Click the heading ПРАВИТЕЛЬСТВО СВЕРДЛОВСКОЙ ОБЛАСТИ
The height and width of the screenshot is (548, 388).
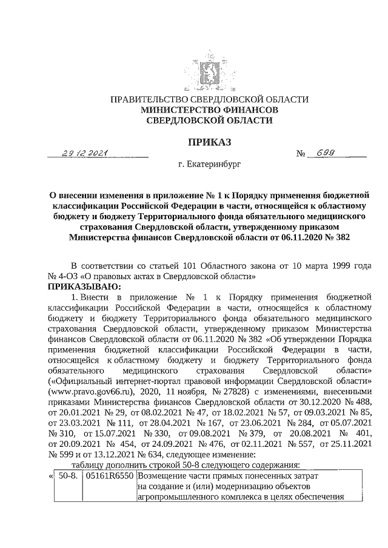pos(209,99)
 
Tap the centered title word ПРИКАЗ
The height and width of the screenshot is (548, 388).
pos(209,142)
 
